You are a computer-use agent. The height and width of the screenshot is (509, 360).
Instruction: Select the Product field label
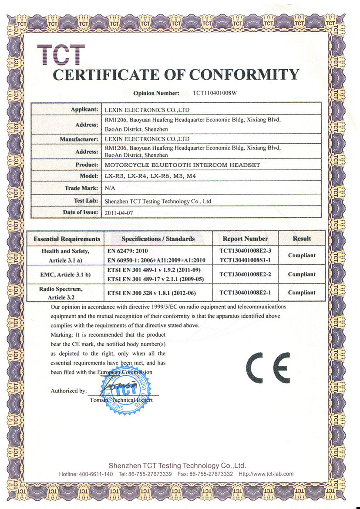(86, 165)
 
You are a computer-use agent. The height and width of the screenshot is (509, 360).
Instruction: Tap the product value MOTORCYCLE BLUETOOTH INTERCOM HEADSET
(182, 165)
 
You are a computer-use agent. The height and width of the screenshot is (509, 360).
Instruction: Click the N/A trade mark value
(110, 189)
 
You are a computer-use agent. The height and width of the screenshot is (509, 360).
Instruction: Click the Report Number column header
(245, 239)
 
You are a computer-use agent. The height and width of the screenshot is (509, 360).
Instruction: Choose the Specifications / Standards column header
(158, 239)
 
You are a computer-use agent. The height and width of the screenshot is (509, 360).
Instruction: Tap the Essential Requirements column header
(67, 239)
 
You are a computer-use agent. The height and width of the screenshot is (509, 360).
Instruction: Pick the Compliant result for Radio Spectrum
(301, 293)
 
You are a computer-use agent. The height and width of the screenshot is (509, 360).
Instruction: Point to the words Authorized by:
(68, 391)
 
